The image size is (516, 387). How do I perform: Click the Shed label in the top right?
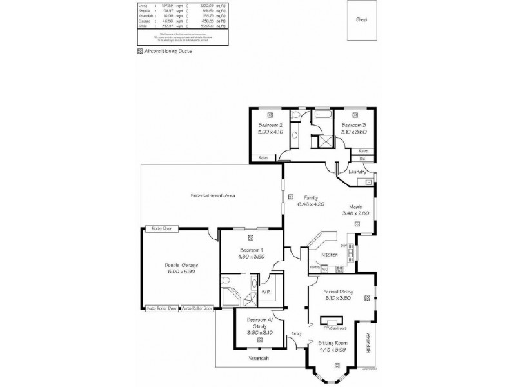(x=361, y=20)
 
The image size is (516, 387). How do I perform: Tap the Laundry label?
(x=357, y=172)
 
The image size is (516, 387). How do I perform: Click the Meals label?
(x=359, y=206)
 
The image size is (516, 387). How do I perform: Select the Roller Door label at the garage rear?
(x=161, y=229)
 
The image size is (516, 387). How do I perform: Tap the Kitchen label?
(x=330, y=255)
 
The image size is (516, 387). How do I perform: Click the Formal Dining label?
(x=339, y=291)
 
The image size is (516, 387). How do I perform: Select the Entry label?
(x=296, y=333)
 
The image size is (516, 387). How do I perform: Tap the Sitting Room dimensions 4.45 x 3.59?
(x=332, y=350)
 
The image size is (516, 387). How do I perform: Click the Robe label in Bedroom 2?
(x=263, y=157)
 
